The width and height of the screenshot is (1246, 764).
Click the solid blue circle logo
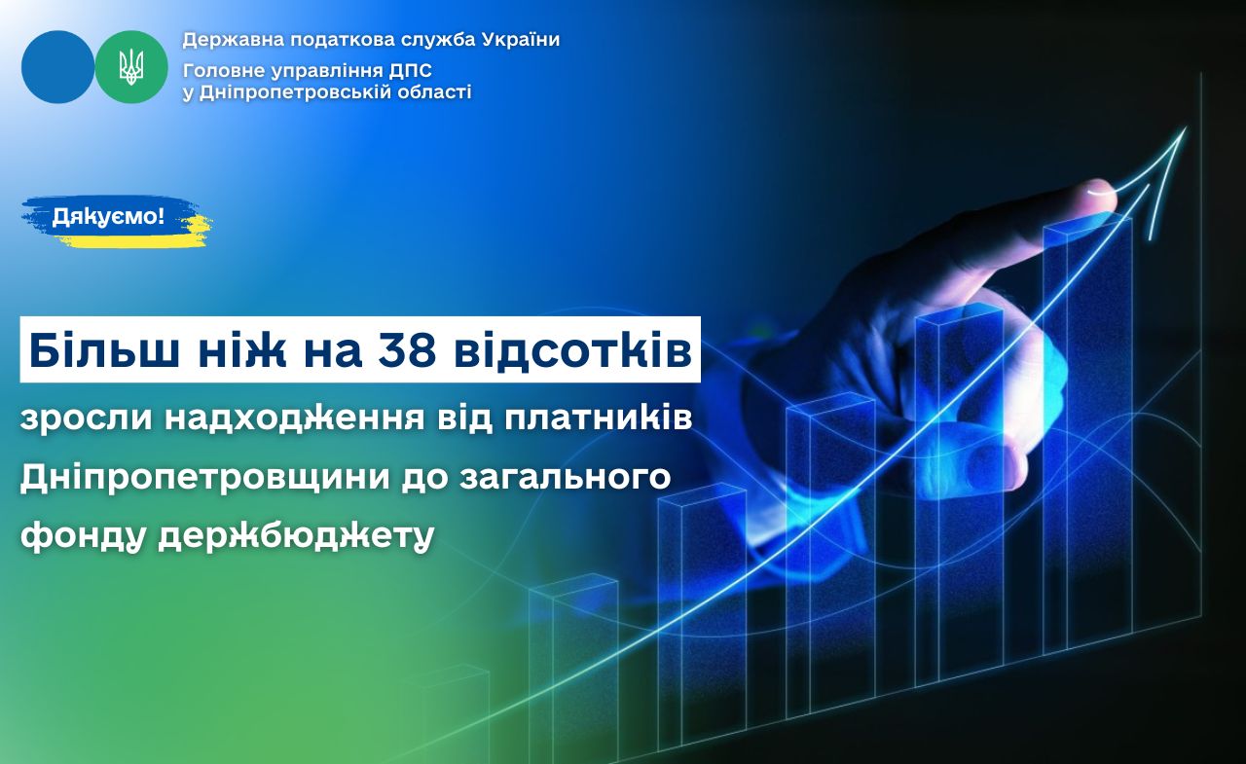(x=57, y=67)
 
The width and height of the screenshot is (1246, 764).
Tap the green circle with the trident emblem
(x=131, y=67)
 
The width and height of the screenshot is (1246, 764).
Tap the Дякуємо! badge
(x=108, y=216)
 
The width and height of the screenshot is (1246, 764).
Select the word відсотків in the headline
(x=573, y=349)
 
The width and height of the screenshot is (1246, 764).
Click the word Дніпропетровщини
(x=204, y=478)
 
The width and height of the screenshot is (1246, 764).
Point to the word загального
(x=566, y=478)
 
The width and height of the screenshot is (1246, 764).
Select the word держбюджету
(x=296, y=536)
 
